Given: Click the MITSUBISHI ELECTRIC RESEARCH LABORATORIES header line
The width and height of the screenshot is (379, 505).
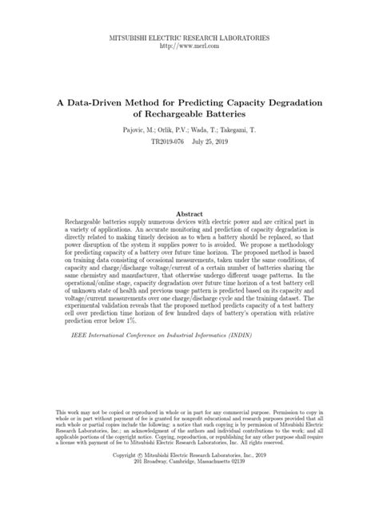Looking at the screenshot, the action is [189, 38].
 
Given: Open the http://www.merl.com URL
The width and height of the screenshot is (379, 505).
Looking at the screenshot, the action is [189, 46].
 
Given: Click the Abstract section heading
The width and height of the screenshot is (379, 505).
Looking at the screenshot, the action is [189, 215].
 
